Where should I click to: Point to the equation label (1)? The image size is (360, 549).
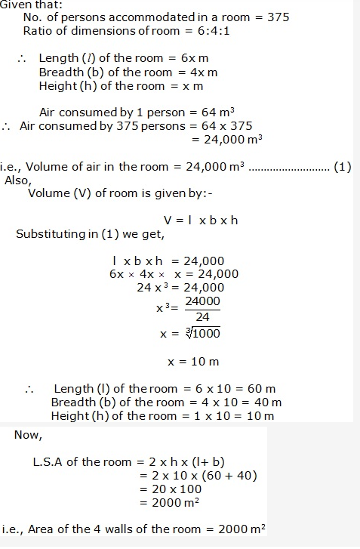coord(343,167)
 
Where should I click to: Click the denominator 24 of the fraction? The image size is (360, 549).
coord(202,316)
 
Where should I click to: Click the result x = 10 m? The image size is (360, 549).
coord(193,362)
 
